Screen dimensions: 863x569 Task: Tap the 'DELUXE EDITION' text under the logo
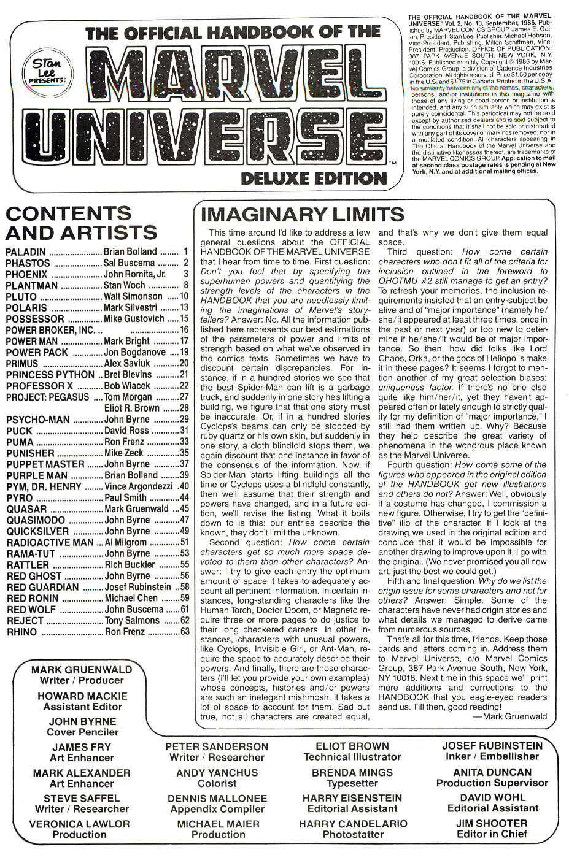(x=314, y=178)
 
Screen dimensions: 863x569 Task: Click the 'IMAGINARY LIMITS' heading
(x=303, y=214)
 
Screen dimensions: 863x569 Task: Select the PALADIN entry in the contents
(x=25, y=251)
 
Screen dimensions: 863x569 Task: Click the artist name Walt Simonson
(x=133, y=296)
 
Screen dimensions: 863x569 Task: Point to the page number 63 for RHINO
(x=184, y=631)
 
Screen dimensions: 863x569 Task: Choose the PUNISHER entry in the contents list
(x=30, y=453)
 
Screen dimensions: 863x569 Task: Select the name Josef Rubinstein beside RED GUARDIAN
(x=137, y=587)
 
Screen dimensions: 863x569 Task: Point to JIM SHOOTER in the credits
(x=492, y=823)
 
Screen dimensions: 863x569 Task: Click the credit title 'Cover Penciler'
(x=82, y=732)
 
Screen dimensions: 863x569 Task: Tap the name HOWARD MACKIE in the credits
(x=82, y=696)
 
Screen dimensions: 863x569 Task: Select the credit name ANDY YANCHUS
(x=217, y=773)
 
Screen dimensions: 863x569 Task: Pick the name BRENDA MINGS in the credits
(x=352, y=773)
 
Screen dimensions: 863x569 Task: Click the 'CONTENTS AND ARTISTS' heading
(x=81, y=223)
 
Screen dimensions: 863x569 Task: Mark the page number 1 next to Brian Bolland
(x=185, y=251)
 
